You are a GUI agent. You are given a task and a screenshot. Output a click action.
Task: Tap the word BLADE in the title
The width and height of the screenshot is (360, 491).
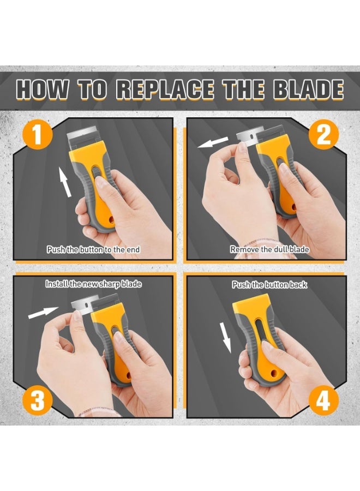point(308,89)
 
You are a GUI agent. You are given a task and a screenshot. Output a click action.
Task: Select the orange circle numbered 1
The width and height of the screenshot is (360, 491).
point(38,135)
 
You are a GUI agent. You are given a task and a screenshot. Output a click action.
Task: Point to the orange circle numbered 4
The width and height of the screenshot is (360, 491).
point(323,402)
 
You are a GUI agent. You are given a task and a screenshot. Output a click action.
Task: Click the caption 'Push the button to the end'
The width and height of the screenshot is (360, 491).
point(93,249)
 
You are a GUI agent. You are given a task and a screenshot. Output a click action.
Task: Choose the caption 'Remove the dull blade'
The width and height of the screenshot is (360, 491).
point(269,249)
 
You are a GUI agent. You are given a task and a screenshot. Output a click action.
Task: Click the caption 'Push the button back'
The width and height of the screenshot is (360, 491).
point(269,284)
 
